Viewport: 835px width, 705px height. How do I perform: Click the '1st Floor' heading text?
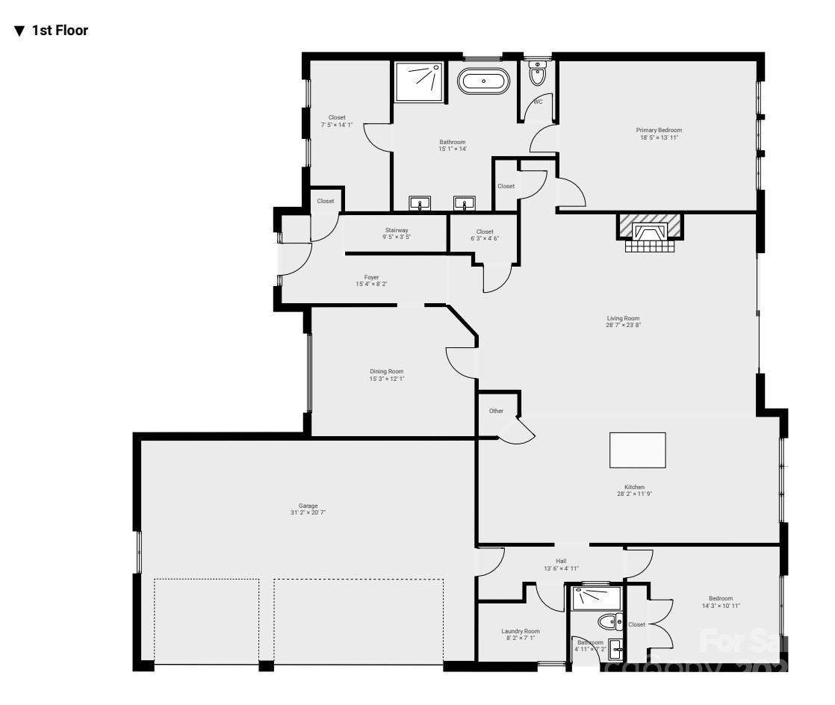pyautogui.click(x=60, y=31)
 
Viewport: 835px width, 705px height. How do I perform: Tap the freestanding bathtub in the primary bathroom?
pyautogui.click(x=483, y=81)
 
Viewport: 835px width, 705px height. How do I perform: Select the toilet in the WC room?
pyautogui.click(x=537, y=74)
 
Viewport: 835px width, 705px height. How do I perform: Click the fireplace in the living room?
pyautogui.click(x=649, y=228)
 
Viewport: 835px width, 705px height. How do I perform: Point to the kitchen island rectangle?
pyautogui.click(x=638, y=450)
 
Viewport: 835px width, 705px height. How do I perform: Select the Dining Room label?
pyautogui.click(x=386, y=371)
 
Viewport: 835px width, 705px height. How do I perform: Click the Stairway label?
pyautogui.click(x=396, y=230)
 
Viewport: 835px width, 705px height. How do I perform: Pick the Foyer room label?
pyautogui.click(x=371, y=277)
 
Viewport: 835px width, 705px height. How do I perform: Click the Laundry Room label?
pyautogui.click(x=520, y=631)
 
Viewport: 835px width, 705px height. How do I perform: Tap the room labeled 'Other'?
pyautogui.click(x=496, y=411)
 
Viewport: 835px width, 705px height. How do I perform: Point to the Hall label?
pyautogui.click(x=561, y=560)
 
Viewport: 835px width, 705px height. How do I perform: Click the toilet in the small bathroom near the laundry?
pyautogui.click(x=610, y=621)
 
